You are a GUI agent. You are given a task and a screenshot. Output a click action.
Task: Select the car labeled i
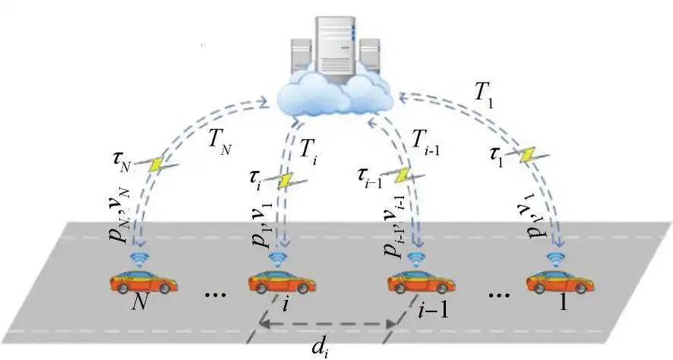coord(282,283)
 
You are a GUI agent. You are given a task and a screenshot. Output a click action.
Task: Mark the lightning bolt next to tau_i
coord(286,181)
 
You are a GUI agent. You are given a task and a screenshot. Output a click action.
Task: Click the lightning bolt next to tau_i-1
coord(403,176)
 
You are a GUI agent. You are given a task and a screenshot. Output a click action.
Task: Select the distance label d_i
coord(321,349)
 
